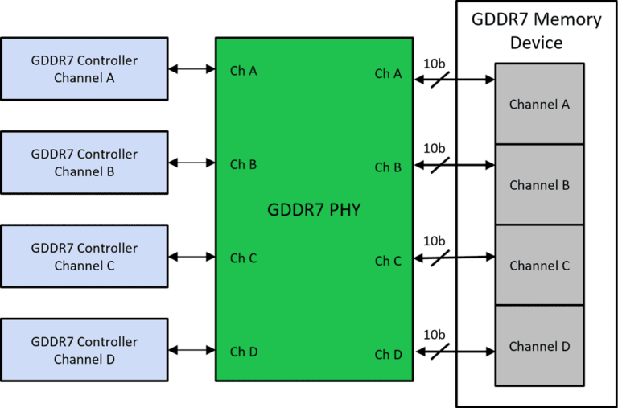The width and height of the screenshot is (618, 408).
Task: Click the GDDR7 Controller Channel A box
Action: pyautogui.click(x=84, y=69)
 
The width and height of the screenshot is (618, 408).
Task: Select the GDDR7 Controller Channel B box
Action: pyautogui.click(x=84, y=163)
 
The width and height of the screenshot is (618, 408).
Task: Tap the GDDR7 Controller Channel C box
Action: pyautogui.click(x=84, y=257)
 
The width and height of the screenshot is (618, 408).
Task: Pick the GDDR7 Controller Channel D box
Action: pyautogui.click(x=84, y=350)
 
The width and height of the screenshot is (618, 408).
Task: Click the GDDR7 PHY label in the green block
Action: pyautogui.click(x=314, y=211)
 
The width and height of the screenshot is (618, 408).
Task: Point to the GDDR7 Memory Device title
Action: pyautogui.click(x=536, y=31)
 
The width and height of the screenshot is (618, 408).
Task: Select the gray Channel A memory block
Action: pyautogui.click(x=539, y=105)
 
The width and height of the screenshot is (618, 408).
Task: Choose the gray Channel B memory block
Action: pyautogui.click(x=539, y=185)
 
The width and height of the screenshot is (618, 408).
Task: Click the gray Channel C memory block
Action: pyautogui.click(x=539, y=266)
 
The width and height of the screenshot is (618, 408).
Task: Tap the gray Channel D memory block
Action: pyautogui.click(x=539, y=347)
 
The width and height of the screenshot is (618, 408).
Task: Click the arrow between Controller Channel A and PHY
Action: pyautogui.click(x=192, y=70)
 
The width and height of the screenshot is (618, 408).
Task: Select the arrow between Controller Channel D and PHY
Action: pyautogui.click(x=192, y=350)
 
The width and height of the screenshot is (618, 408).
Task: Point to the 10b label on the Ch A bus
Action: pyautogui.click(x=435, y=63)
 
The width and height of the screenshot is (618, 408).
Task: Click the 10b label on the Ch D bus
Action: pyautogui.click(x=435, y=334)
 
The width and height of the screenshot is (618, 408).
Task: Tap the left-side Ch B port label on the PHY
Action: pyautogui.click(x=243, y=164)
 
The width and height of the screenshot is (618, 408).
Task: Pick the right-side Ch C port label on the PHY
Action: pyautogui.click(x=388, y=261)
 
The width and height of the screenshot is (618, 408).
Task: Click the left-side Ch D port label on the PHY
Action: pyautogui.click(x=243, y=352)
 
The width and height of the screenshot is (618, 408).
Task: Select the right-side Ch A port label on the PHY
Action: pyautogui.click(x=388, y=73)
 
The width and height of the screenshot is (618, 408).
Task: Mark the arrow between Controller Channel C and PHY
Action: pyautogui.click(x=192, y=257)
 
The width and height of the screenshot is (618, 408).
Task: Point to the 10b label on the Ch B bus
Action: pyautogui.click(x=435, y=148)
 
